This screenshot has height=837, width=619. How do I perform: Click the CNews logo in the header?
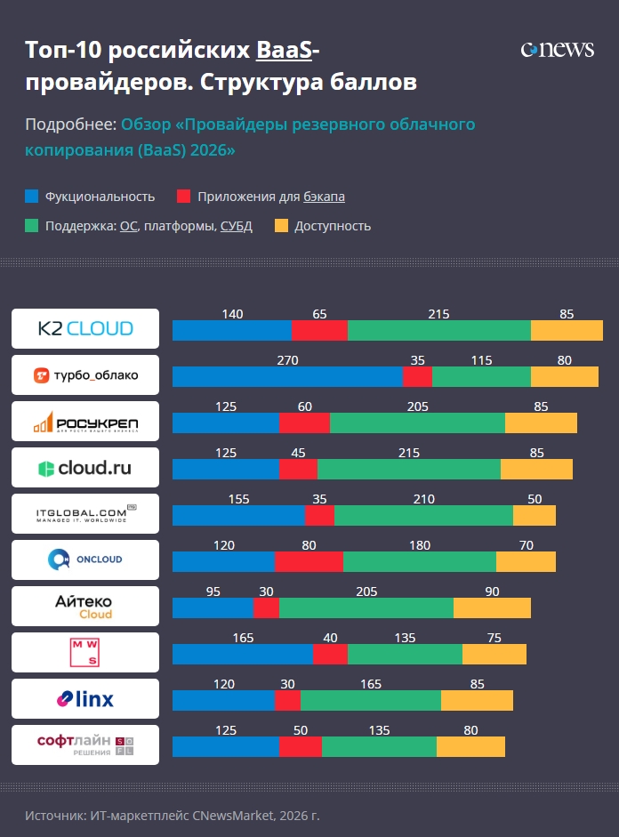click(x=557, y=50)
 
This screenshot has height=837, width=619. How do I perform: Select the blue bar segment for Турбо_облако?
click(x=287, y=376)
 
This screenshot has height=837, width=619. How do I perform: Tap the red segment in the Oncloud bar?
click(x=309, y=561)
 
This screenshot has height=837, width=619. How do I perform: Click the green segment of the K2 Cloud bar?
click(x=439, y=330)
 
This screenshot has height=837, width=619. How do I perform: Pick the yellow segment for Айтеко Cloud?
click(x=492, y=608)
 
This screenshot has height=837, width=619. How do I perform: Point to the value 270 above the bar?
click(x=287, y=360)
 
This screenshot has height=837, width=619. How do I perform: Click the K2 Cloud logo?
click(x=85, y=328)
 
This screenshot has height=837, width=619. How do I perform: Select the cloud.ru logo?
click(x=85, y=467)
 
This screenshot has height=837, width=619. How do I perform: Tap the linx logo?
click(x=85, y=698)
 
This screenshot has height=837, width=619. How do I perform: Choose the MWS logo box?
click(x=85, y=652)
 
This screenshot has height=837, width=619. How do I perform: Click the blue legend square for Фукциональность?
click(x=32, y=197)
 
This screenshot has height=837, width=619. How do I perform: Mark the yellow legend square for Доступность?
click(x=281, y=226)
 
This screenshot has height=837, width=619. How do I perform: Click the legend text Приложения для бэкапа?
click(x=271, y=197)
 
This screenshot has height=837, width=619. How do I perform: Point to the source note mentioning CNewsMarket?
click(x=172, y=815)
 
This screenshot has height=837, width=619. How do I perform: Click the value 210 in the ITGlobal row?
click(x=423, y=499)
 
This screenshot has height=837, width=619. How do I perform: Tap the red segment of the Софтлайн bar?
click(x=301, y=746)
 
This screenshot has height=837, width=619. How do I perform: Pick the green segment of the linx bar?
click(x=371, y=700)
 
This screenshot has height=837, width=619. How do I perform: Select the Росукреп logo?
click(x=85, y=421)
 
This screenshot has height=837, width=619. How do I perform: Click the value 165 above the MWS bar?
click(x=243, y=638)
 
